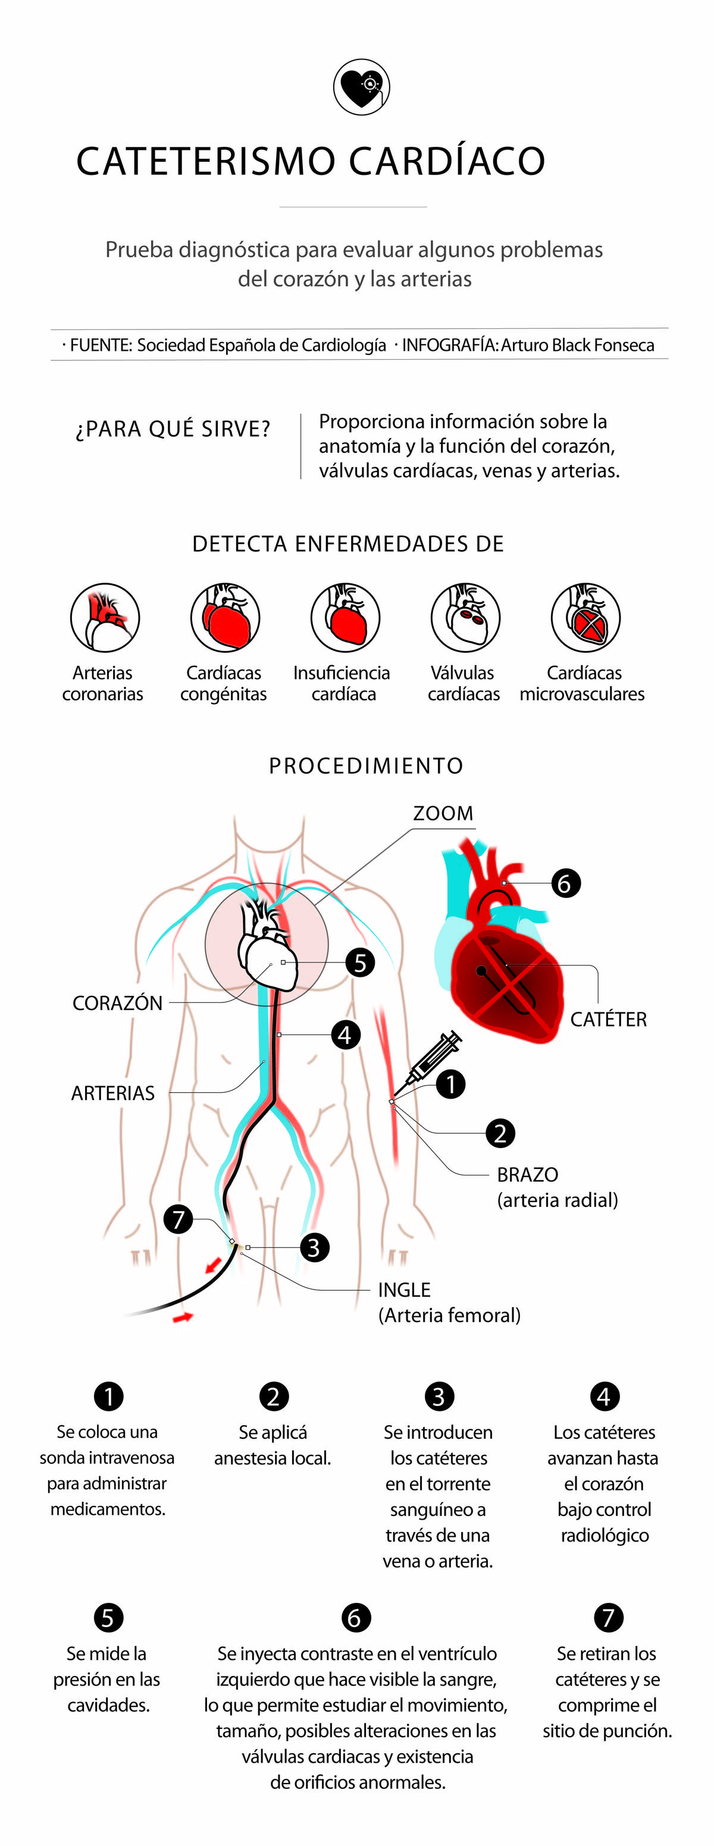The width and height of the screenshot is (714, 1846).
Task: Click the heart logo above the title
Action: (x=361, y=87)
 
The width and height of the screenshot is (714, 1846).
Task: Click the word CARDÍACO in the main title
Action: (x=447, y=161)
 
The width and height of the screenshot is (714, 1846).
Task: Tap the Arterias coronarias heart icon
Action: (x=105, y=617)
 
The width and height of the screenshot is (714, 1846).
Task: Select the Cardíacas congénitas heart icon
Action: (x=225, y=617)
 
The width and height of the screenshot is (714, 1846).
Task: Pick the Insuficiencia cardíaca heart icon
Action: (x=345, y=617)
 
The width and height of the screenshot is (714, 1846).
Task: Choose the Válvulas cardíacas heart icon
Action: (x=465, y=617)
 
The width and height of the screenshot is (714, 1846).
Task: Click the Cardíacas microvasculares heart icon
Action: (x=585, y=617)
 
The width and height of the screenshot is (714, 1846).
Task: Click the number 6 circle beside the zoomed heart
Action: (x=565, y=883)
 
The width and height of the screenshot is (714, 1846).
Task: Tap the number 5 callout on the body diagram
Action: (x=360, y=963)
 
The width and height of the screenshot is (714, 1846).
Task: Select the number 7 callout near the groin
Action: (x=178, y=1218)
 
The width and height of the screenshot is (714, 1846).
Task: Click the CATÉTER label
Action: (x=608, y=1019)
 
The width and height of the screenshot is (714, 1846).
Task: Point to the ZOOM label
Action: (x=443, y=813)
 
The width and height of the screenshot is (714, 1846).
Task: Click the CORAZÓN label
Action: (x=118, y=1002)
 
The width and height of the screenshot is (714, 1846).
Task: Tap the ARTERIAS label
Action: (x=112, y=1093)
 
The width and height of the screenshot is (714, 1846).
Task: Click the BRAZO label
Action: (x=528, y=1175)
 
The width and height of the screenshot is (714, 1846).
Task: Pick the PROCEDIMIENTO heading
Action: (x=365, y=765)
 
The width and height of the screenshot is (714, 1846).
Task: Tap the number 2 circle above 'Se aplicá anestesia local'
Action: (x=273, y=1396)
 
